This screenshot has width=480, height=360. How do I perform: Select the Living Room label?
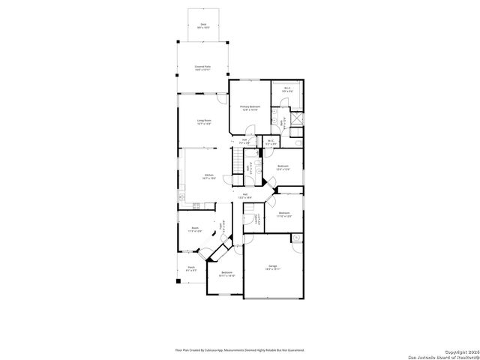tap(203, 121)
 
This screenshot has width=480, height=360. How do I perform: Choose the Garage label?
tap(273, 268)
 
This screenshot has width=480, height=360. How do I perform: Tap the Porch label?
tap(192, 268)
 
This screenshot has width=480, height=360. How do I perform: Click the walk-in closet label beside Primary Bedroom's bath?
tap(287, 91)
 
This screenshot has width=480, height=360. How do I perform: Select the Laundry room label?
tap(257, 220)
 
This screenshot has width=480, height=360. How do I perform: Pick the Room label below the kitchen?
tap(194, 229)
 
